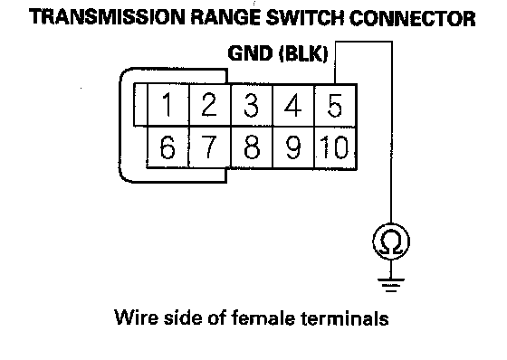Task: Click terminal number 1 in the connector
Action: tap(168, 105)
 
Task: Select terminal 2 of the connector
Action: tap(209, 105)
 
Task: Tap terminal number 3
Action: tap(252, 105)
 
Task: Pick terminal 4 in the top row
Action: tap(293, 105)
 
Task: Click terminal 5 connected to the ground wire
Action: tap(335, 105)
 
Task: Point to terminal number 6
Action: tap(167, 147)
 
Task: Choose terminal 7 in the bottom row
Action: tap(209, 147)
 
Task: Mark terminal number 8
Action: tap(252, 147)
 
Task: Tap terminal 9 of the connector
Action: tap(293, 147)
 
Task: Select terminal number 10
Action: tap(335, 147)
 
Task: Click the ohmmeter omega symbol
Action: tap(391, 242)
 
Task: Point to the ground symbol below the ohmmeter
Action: tap(391, 284)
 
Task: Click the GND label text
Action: tap(250, 53)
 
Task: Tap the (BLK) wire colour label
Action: tap(303, 53)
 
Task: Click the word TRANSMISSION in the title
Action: tap(107, 17)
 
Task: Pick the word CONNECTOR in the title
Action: tap(413, 18)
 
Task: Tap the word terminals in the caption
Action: tap(345, 317)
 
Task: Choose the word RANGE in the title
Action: tap(225, 17)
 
